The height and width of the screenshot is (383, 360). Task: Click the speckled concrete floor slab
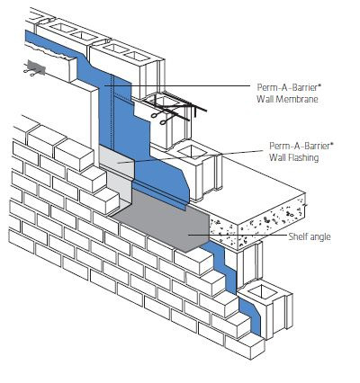[270, 211]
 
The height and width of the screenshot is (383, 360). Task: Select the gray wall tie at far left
[34, 66]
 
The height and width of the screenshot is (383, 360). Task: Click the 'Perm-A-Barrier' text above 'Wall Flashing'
[299, 146]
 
